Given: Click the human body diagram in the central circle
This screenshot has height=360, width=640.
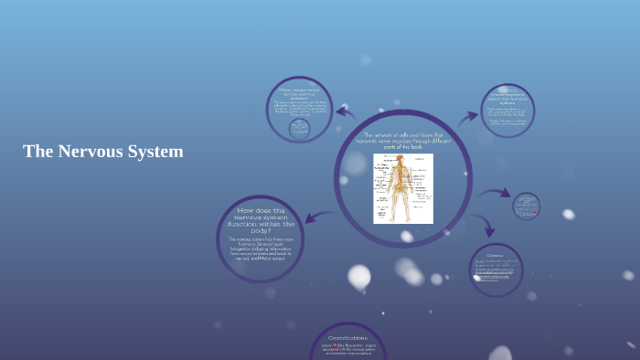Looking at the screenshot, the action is click(402, 188).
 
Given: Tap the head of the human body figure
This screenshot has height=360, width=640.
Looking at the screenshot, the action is click(400, 160).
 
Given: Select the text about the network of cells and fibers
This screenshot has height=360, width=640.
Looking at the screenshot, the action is click(403, 141).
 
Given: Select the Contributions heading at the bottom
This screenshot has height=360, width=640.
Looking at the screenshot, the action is click(347, 338).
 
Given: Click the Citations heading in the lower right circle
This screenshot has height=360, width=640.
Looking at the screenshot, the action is click(495, 255).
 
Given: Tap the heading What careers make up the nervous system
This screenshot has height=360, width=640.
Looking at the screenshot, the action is click(299, 93).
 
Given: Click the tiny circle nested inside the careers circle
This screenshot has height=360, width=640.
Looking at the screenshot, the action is click(299, 129).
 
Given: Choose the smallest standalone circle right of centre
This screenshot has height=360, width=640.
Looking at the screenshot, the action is click(526, 206).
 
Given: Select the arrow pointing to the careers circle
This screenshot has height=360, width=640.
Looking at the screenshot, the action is click(346, 113).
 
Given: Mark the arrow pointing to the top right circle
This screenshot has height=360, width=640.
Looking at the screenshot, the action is click(467, 117).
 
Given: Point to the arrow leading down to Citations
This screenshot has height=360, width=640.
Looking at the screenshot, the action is click(486, 227).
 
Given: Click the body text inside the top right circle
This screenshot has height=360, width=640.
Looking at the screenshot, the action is click(507, 115).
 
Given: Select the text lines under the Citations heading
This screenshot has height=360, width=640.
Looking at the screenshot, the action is click(496, 270).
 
